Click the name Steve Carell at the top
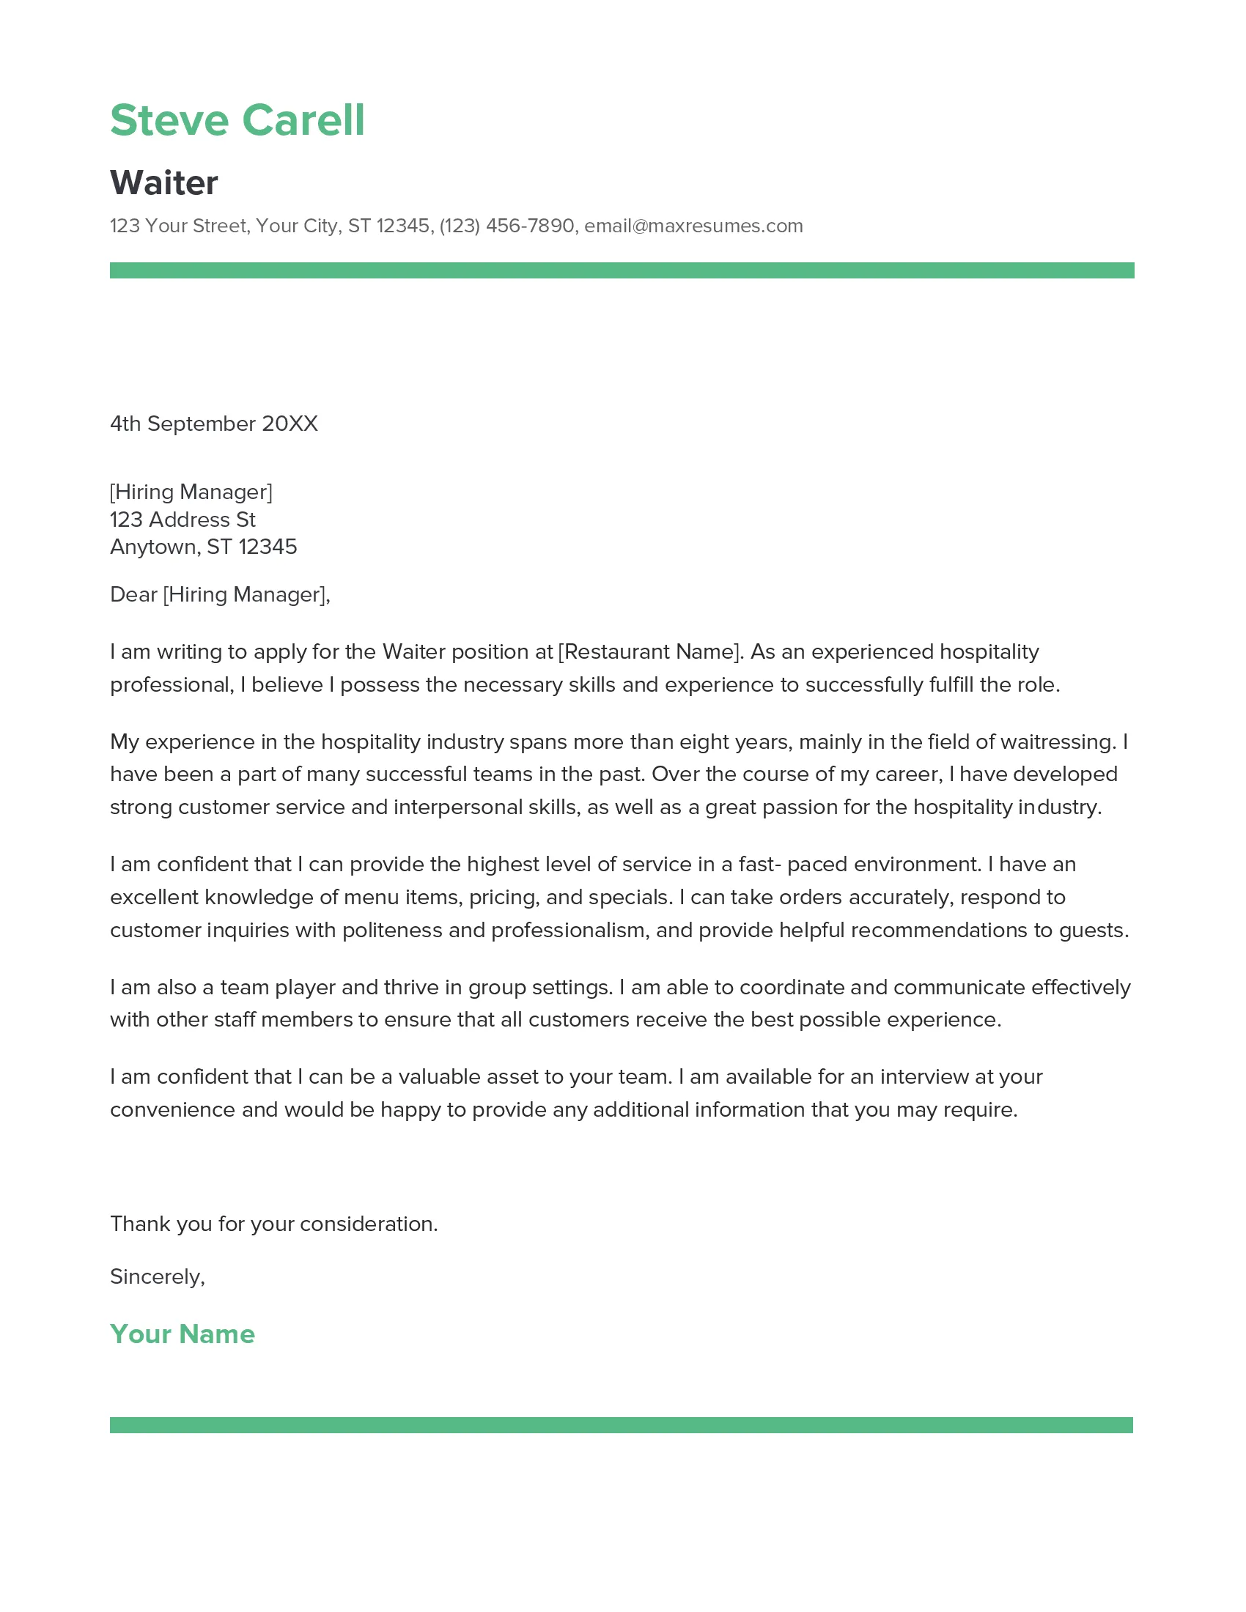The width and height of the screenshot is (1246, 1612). (x=237, y=119)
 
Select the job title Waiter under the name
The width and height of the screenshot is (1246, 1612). (x=164, y=182)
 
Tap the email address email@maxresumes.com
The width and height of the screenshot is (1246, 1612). (x=693, y=226)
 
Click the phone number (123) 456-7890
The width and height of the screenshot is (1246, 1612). (x=506, y=226)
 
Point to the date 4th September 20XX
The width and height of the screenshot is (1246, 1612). (x=213, y=424)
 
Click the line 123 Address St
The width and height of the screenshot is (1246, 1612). (x=183, y=520)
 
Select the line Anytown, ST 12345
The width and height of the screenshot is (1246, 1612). (x=203, y=547)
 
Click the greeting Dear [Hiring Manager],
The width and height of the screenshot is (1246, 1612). (x=220, y=594)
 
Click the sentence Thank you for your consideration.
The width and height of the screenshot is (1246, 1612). (x=274, y=1224)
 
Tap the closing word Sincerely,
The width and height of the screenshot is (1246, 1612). (x=158, y=1277)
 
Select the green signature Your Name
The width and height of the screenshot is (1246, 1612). (x=183, y=1334)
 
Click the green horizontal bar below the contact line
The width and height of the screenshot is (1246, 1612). (x=622, y=270)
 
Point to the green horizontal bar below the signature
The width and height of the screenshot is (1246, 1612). (x=622, y=1425)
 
